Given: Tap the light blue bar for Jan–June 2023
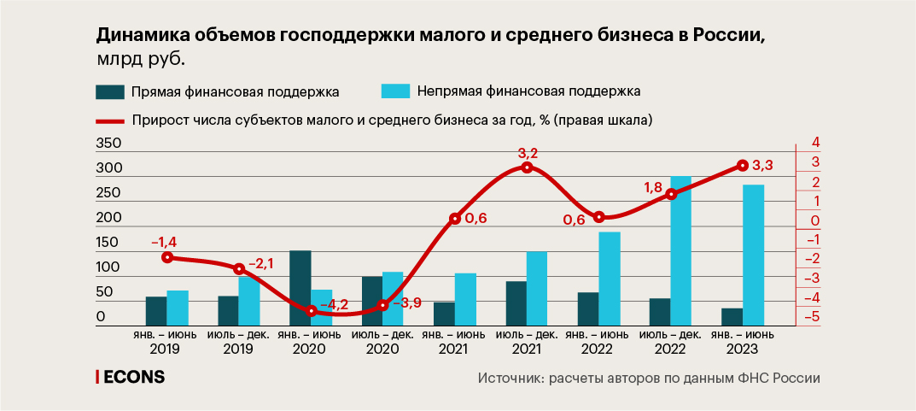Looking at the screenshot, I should click(x=753, y=255).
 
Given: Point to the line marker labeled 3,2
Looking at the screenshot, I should click(x=527, y=167).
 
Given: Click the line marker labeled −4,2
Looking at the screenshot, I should click(x=312, y=311).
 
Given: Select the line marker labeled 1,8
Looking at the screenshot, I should click(x=671, y=194).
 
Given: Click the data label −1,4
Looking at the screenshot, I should click(x=163, y=243).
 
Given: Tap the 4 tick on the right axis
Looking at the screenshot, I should click(x=815, y=143).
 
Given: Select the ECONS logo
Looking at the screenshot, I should click(x=130, y=377).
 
